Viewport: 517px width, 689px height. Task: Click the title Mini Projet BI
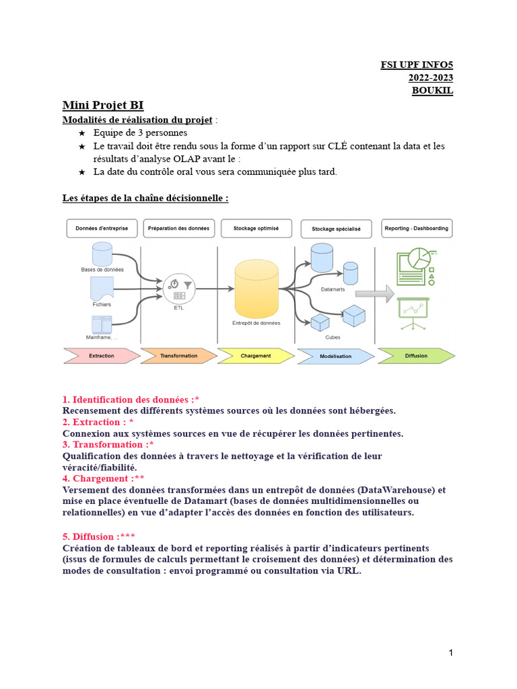click(103, 105)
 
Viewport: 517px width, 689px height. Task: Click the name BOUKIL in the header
click(432, 91)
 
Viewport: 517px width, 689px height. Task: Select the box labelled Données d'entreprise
click(102, 228)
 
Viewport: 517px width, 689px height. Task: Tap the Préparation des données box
click(178, 228)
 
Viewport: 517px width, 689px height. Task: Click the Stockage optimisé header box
click(256, 228)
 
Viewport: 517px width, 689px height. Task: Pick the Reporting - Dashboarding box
click(415, 228)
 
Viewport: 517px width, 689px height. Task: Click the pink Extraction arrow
click(101, 355)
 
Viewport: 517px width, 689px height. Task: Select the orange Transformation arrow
click(179, 355)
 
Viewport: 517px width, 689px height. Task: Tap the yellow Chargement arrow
click(256, 355)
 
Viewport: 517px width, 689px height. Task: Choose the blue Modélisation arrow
click(336, 355)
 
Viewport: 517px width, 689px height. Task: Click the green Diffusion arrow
click(415, 355)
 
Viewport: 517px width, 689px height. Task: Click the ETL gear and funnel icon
click(179, 289)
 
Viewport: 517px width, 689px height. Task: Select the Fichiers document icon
click(102, 289)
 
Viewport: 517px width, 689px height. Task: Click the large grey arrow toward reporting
click(374, 293)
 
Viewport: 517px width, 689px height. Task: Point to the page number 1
click(450, 653)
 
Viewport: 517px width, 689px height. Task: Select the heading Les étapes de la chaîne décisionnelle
click(145, 198)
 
